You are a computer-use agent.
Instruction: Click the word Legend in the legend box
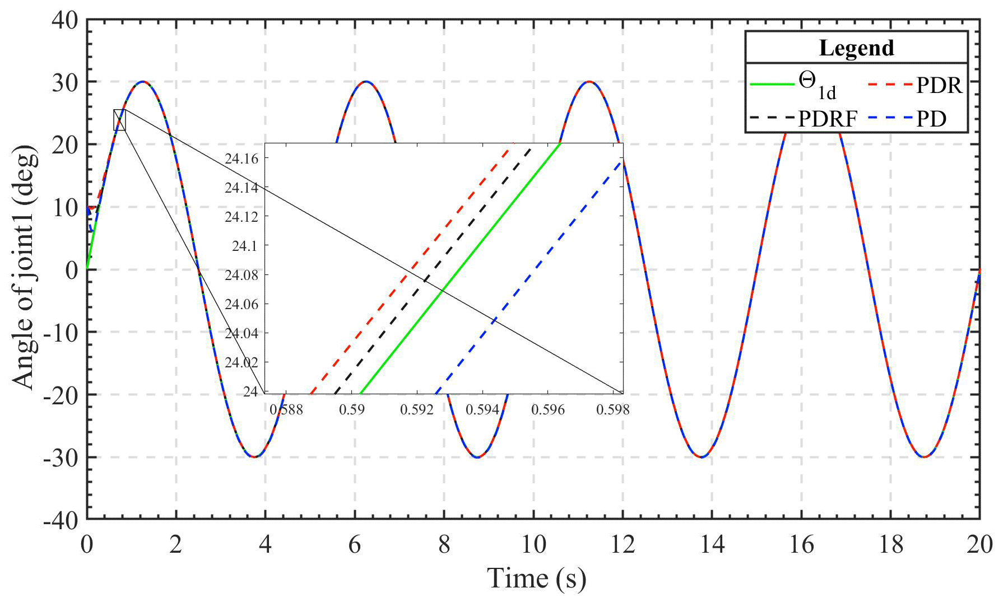click(x=856, y=48)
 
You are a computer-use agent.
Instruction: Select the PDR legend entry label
click(x=939, y=86)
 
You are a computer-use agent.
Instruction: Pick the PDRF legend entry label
click(x=828, y=119)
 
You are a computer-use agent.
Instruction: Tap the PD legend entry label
click(x=931, y=119)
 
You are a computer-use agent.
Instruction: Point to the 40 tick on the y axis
click(x=65, y=20)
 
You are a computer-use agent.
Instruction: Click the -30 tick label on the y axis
click(x=62, y=458)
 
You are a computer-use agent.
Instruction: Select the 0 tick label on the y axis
click(x=72, y=270)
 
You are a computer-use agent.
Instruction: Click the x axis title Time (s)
click(x=536, y=578)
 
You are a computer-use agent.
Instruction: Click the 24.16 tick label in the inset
click(x=242, y=159)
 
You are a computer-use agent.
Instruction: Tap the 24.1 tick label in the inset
click(x=244, y=246)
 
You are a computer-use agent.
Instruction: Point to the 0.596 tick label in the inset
click(x=548, y=410)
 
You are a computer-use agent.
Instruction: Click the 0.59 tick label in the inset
click(x=352, y=410)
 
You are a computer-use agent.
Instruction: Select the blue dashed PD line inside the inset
click(x=527, y=280)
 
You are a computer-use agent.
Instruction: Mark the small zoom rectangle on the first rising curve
click(x=119, y=120)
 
